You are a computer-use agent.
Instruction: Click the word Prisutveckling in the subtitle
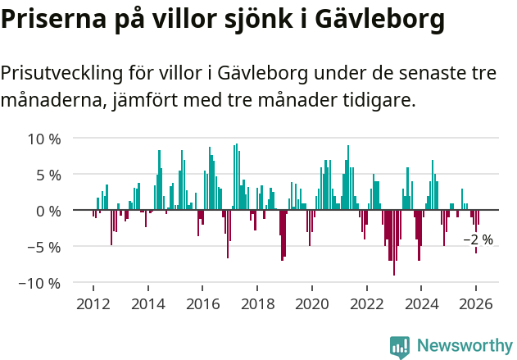(x=61, y=74)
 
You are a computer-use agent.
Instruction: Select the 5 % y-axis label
(x=48, y=175)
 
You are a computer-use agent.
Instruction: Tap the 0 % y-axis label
(x=48, y=211)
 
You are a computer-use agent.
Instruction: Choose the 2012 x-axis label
(x=93, y=303)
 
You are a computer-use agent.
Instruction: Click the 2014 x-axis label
(x=147, y=303)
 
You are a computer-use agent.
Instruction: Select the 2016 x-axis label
(x=202, y=303)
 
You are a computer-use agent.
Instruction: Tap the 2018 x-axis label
(x=257, y=303)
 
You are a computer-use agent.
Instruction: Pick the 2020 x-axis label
(x=312, y=303)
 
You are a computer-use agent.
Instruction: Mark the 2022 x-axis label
(x=367, y=303)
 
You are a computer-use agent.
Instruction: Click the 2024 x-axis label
(x=422, y=303)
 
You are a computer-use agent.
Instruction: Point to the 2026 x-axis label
(x=477, y=303)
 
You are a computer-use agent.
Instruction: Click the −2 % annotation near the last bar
(x=478, y=240)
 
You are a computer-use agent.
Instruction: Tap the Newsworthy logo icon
(x=400, y=346)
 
